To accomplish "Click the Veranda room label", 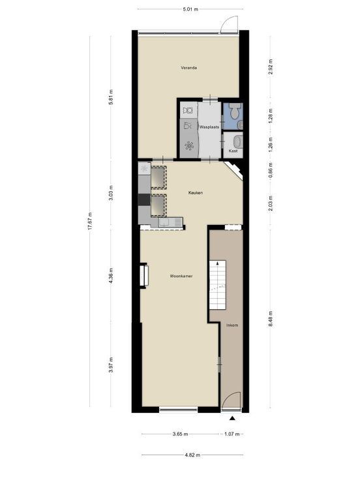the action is (188, 68).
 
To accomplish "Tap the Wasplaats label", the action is (209, 127).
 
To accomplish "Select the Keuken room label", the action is (196, 193).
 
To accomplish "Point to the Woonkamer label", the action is (181, 276).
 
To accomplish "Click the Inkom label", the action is (232, 325).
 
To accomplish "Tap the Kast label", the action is (233, 151).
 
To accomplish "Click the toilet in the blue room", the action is (235, 111).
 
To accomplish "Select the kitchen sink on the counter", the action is (164, 222).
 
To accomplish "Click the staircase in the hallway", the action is (218, 285).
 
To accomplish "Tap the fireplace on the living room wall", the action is (144, 276).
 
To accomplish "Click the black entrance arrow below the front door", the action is (232, 419).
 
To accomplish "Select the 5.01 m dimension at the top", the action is (190, 9).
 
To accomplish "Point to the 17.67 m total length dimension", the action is (90, 221).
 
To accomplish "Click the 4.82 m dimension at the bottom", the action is (192, 455).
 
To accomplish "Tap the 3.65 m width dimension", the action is (180, 434).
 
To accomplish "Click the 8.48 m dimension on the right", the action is (271, 319).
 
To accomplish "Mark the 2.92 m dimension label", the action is (271, 67).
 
